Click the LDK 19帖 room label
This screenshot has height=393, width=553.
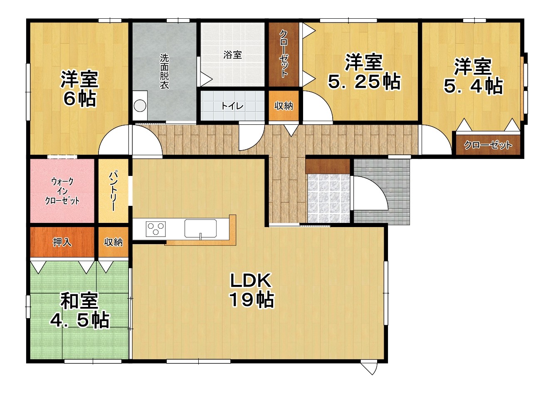coord(252,290)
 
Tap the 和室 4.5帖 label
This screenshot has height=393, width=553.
coord(79,311)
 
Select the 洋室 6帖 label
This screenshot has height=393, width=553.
coord(79,89)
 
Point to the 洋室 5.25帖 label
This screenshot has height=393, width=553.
coord(364,72)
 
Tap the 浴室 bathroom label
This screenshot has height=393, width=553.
coord(232,55)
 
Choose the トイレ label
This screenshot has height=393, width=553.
coord(232,106)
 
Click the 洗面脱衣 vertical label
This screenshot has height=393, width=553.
coord(164,72)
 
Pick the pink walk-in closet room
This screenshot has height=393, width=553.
coord(62,190)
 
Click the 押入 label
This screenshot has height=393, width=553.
coord(62,242)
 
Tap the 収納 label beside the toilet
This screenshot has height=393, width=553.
coord(284,106)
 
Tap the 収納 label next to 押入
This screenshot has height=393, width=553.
coord(114,242)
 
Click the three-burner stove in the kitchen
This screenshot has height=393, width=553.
coord(156,229)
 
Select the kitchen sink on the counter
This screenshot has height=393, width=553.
coord(200,229)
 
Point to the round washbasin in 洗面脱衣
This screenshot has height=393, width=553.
coord(140,106)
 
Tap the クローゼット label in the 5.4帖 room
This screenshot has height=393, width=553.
coord(488,145)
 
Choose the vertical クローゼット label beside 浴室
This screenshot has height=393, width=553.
coord(284,54)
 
